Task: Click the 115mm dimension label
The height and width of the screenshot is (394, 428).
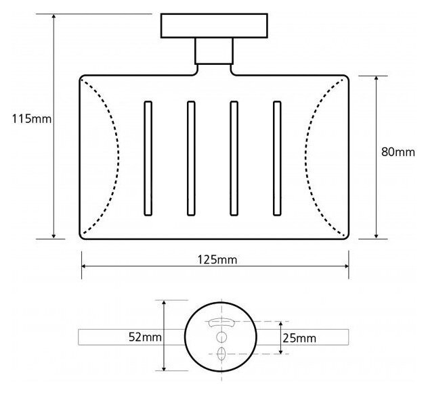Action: (x=32, y=119)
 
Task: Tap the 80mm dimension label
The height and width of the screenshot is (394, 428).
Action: (x=398, y=152)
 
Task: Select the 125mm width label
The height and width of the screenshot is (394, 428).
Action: (x=217, y=260)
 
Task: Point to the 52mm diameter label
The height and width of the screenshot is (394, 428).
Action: (x=145, y=337)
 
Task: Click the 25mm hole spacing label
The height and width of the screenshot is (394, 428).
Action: (x=299, y=338)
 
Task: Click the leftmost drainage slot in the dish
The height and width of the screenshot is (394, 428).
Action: (x=148, y=159)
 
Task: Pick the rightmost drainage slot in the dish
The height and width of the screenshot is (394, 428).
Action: (x=277, y=159)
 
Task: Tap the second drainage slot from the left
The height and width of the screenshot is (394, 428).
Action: (x=191, y=159)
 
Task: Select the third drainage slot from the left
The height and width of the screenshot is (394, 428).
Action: (x=234, y=159)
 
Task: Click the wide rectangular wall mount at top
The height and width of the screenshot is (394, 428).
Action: (x=214, y=25)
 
